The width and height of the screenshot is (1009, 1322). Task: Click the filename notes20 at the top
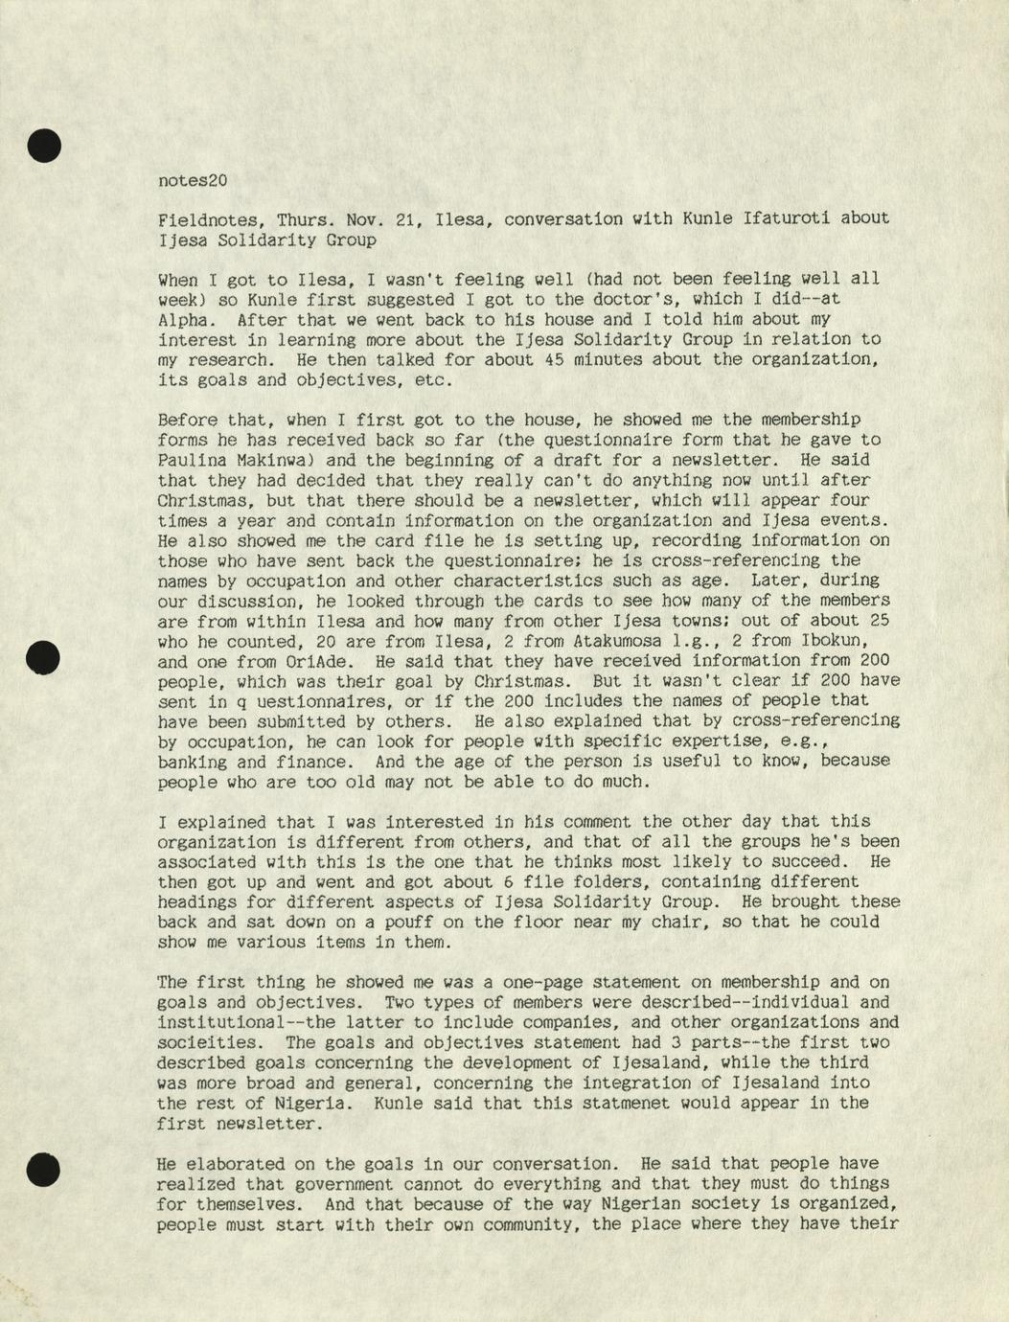pos(193,179)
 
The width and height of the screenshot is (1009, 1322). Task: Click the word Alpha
pos(187,319)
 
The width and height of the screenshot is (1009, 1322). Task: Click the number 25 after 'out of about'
pos(879,620)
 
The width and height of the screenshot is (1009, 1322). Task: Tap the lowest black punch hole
pos(44,1170)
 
